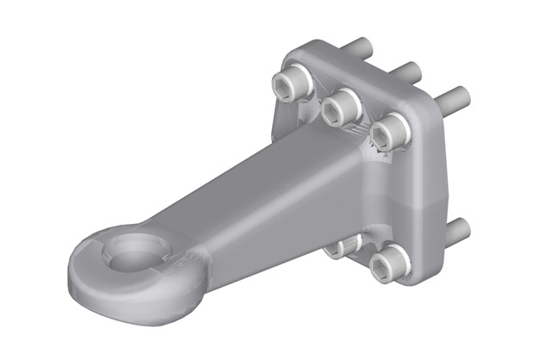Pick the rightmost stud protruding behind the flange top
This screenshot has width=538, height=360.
pos(455,94)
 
